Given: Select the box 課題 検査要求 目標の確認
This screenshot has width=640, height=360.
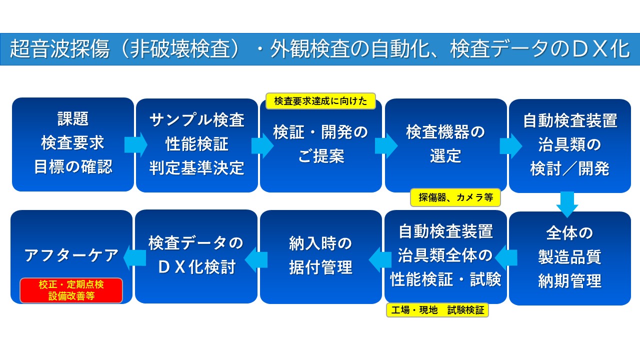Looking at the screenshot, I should (73, 144).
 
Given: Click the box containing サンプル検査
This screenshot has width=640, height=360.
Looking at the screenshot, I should (196, 145).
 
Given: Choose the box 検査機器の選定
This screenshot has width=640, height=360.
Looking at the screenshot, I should (445, 145).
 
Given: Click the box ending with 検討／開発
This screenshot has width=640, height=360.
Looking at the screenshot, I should (570, 145).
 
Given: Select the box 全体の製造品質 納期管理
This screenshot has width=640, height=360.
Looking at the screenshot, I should (570, 258).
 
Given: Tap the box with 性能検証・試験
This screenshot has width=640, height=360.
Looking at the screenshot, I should (445, 256).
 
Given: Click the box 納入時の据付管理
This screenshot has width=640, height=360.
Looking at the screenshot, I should (320, 256).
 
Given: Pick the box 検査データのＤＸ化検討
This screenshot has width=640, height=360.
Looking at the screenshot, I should (196, 256).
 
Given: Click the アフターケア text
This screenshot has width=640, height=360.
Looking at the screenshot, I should (71, 255).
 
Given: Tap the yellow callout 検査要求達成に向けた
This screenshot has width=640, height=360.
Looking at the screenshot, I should (320, 101).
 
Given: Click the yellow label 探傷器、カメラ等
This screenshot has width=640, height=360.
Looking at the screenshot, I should (455, 197).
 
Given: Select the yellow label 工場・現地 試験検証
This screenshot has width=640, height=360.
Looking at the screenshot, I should (437, 310).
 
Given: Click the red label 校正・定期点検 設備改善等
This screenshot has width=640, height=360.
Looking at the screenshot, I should (71, 290).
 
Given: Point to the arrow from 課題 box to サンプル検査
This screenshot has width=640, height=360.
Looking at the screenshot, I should (135, 144).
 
